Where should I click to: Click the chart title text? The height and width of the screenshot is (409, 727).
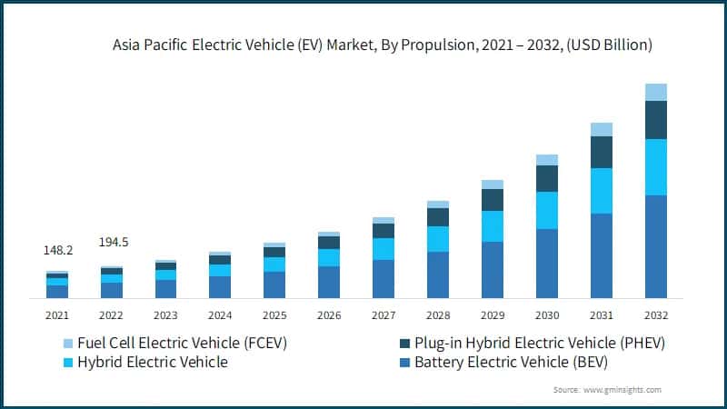(383, 44)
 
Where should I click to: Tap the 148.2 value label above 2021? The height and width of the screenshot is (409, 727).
(58, 249)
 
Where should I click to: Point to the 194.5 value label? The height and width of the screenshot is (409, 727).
(113, 242)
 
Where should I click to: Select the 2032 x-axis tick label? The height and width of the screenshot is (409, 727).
(655, 315)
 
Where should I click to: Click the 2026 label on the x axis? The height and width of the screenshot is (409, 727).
(329, 315)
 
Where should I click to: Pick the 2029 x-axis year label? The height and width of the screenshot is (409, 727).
(492, 315)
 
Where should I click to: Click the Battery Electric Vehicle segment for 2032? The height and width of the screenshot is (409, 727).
(655, 246)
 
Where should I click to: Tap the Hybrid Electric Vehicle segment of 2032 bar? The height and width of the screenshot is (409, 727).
(655, 167)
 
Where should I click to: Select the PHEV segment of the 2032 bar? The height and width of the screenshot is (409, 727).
(655, 120)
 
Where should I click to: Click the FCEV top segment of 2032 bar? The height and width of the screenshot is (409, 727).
(655, 92)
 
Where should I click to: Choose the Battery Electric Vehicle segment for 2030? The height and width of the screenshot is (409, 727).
(546, 264)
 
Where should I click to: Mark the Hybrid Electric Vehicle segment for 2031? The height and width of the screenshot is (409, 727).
(601, 191)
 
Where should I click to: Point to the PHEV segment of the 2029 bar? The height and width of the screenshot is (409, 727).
(492, 200)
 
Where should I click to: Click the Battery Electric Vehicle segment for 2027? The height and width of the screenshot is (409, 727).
(383, 279)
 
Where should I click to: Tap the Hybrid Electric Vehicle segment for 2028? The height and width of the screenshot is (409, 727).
(438, 239)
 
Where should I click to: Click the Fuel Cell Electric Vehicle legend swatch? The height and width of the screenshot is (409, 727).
(68, 344)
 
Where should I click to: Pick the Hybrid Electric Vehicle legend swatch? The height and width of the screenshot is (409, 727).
(68, 363)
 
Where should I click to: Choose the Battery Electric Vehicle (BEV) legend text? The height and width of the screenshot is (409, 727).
(511, 363)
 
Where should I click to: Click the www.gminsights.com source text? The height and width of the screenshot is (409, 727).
(622, 390)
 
